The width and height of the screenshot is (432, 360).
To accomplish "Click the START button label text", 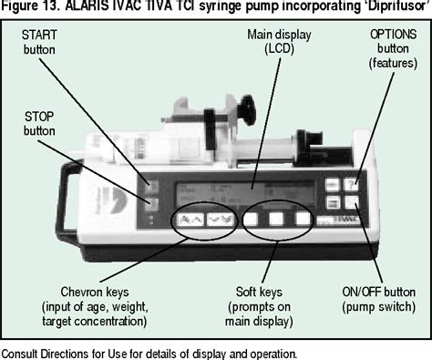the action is coord(39,42).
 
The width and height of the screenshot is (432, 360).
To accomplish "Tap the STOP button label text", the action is coord(39,124).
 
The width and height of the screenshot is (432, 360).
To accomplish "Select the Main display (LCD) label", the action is coord(279,42).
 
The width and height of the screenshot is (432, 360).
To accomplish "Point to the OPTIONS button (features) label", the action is coord(393,49).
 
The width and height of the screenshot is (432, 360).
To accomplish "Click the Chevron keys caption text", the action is coord(95,306).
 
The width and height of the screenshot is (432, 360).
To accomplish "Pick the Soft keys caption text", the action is coord(259,306).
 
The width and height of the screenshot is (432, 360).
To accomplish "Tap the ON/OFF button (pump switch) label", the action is coord(379,299).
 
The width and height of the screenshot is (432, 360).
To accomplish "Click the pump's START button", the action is coord(151,186).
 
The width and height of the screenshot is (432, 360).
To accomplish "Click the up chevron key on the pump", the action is coord(190,220).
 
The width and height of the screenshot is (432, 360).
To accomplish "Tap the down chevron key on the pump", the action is coord(221,220).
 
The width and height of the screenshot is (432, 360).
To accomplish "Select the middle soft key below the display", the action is coord(276,219).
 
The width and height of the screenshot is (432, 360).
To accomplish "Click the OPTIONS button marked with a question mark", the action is coord(351,185).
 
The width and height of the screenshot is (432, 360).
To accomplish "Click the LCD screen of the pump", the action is coord(245,194).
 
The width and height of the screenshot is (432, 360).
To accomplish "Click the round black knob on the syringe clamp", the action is coord(246,111).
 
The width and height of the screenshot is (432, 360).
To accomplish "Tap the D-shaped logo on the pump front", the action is coord(112,200).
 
